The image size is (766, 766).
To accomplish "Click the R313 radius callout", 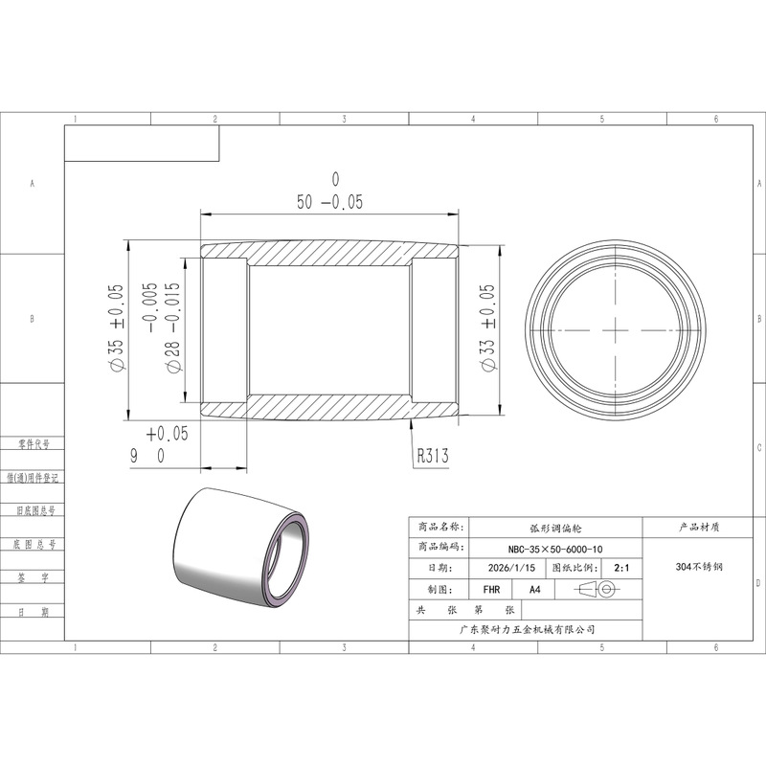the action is click(433, 456).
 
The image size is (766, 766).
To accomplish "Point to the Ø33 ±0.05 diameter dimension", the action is click(488, 328).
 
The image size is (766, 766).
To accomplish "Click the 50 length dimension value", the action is click(304, 202).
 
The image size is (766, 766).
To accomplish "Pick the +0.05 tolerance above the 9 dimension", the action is click(167, 434).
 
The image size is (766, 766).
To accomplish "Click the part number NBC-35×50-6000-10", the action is click(555, 549).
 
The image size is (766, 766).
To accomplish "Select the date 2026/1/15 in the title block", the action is click(511, 568).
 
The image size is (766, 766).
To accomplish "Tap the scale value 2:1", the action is click(621, 568).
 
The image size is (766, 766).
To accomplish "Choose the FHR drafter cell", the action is click(491, 590).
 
